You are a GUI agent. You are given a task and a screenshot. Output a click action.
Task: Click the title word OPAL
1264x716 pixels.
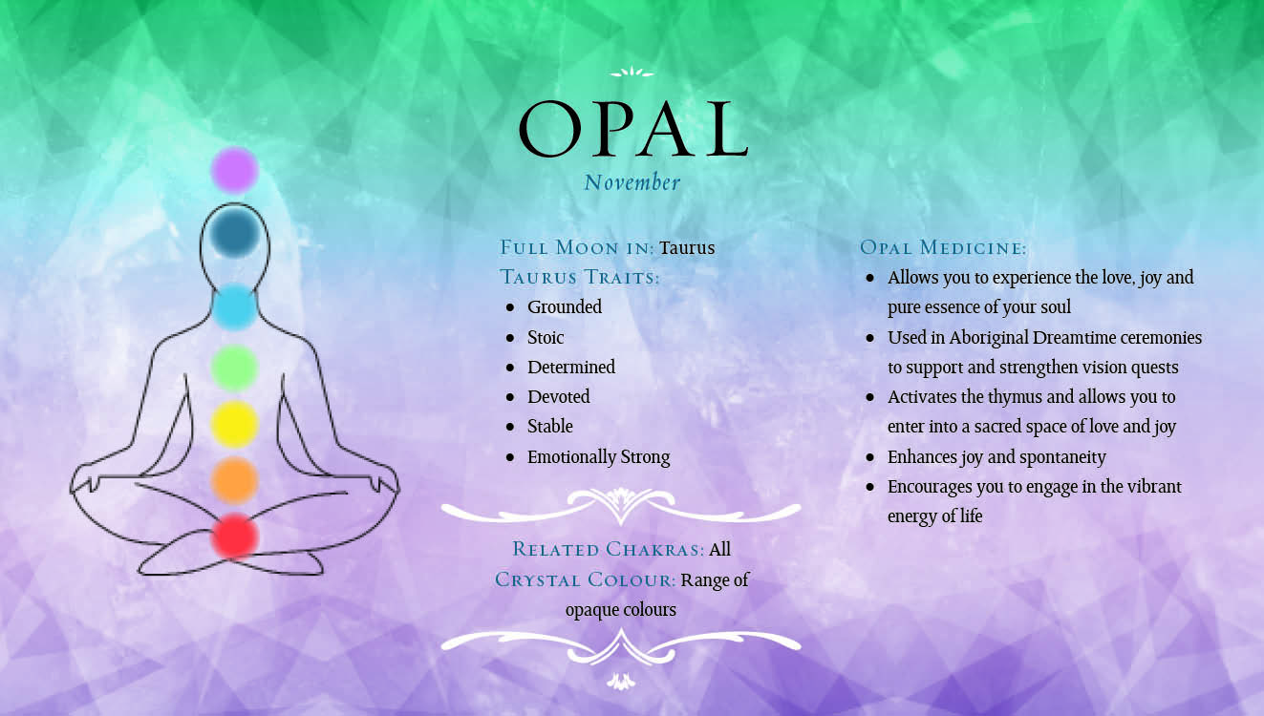pos(633,129)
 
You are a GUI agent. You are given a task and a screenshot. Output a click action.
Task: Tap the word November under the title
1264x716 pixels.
pos(632,182)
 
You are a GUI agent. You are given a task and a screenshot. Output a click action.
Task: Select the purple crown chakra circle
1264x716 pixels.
pos(235,170)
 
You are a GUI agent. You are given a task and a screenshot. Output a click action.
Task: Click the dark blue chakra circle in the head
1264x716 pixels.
pos(235,232)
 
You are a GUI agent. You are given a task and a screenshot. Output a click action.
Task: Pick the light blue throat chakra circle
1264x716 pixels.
pos(235,306)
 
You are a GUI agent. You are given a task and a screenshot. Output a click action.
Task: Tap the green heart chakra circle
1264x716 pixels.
pos(235,369)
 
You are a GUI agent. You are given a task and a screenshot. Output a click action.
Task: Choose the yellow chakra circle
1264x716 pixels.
pos(235,424)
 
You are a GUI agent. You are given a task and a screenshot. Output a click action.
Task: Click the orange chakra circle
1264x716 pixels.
pos(235,480)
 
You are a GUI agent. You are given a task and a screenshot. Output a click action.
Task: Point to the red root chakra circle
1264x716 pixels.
pos(235,536)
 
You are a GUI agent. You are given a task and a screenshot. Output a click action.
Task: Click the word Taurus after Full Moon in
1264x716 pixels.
pos(687,247)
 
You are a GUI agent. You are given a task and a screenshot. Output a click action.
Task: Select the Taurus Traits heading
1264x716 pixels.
pos(580,278)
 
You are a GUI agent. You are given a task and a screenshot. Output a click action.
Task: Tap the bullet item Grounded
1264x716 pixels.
pos(565,306)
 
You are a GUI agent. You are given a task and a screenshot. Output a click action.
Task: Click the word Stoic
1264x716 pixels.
pos(546,337)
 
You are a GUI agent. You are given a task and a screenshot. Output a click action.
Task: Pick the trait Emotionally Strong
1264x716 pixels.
pos(599,456)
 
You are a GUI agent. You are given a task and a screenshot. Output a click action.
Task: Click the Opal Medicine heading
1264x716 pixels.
pos(943,247)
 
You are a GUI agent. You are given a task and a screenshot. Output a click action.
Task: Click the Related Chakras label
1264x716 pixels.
pos(609,549)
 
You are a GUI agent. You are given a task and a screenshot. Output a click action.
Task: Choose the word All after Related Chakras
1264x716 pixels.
pos(719,549)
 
